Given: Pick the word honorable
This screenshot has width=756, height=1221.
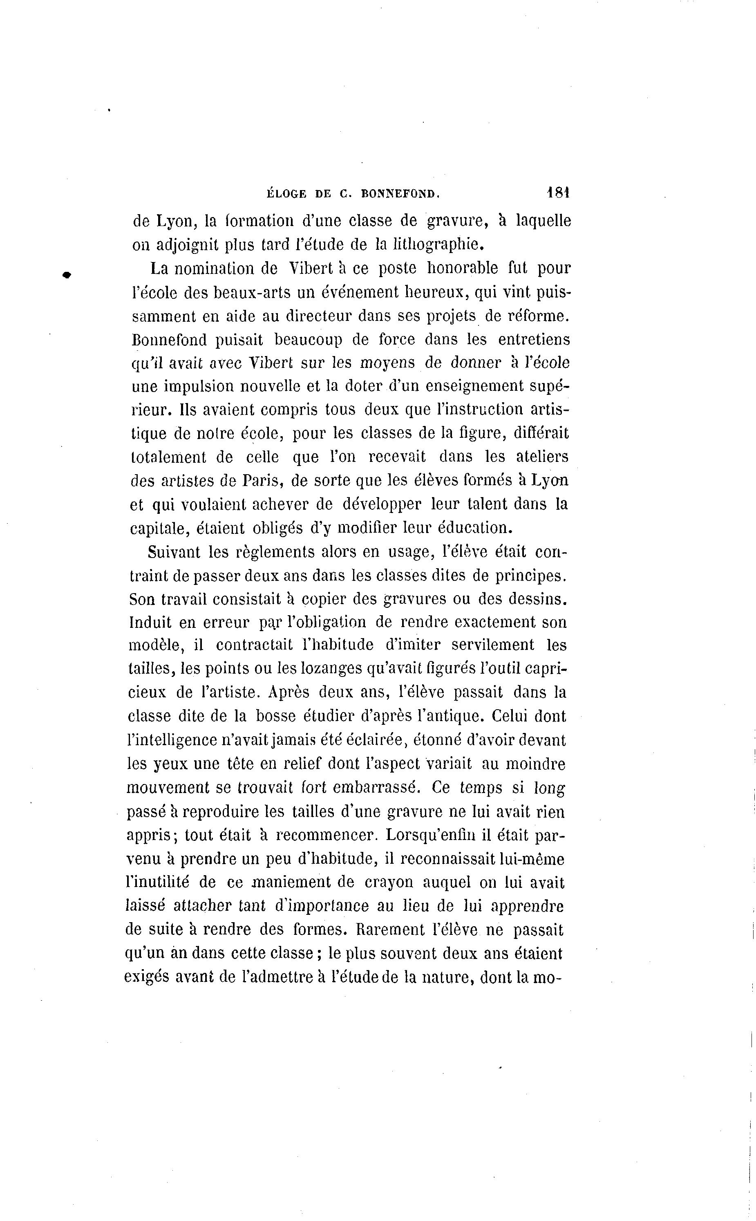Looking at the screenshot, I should [463, 268].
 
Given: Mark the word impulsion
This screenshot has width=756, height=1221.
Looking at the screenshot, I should [199, 386].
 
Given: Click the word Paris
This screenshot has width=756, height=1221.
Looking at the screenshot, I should [264, 480].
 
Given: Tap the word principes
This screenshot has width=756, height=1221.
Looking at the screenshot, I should [530, 576].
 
